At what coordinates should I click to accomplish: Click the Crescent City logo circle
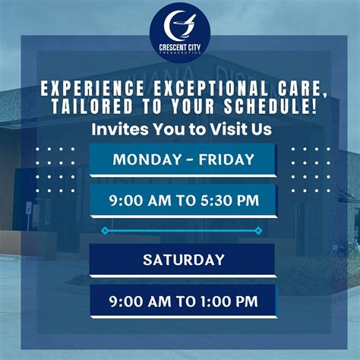coord(180,30)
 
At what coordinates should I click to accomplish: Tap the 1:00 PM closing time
coord(228,302)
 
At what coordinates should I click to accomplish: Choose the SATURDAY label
coord(183,260)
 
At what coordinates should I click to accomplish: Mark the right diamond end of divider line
coord(258,229)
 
